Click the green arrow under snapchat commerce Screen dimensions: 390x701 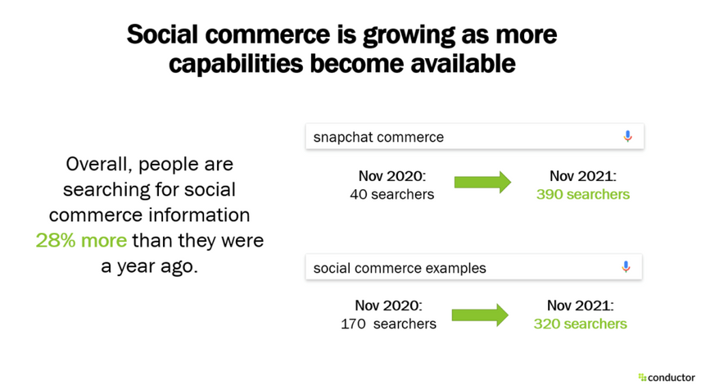click(482, 184)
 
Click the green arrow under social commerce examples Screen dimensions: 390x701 click(480, 315)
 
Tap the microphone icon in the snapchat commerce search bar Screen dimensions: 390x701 click(627, 137)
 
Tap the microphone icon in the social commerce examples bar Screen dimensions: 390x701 click(626, 268)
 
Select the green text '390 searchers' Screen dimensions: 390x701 click(582, 194)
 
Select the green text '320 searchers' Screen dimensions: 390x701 click(580, 324)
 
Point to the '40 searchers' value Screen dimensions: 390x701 click(391, 194)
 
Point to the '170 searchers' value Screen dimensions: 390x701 click(388, 324)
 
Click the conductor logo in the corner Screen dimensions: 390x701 click(666, 377)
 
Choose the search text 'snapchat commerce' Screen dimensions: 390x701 click(378, 137)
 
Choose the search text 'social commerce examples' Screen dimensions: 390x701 click(399, 268)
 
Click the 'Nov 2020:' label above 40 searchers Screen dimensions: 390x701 click(391, 176)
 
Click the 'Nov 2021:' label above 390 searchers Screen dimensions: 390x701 click(582, 176)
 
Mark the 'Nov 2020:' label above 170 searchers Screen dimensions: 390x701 click(389, 306)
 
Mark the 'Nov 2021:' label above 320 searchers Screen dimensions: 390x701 click(580, 306)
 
